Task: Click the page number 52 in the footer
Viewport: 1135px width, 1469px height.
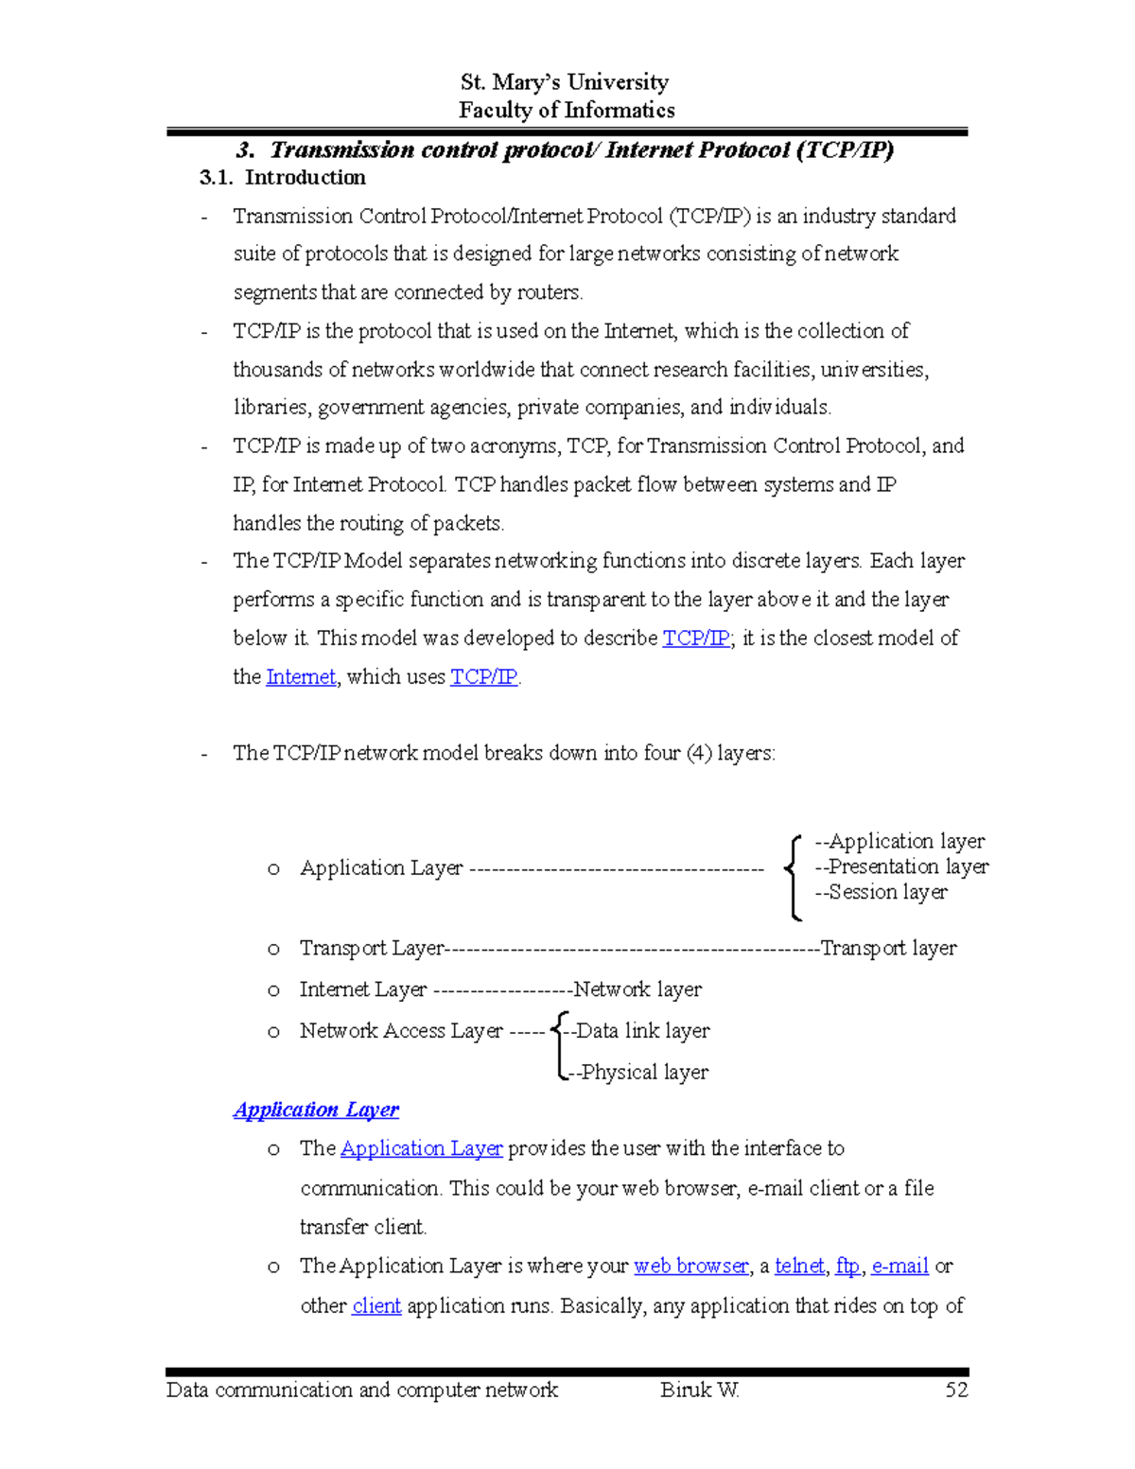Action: tap(956, 1390)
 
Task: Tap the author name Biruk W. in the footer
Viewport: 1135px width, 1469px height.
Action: tap(700, 1390)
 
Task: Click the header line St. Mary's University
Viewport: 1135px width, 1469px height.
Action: tap(565, 82)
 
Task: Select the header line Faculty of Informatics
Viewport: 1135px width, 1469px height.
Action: tap(567, 111)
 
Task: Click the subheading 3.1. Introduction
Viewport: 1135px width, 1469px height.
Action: tap(283, 178)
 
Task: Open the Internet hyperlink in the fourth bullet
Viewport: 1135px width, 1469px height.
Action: tap(301, 677)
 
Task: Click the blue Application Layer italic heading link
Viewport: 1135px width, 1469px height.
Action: tap(316, 1110)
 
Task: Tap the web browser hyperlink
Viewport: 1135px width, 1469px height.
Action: tap(691, 1266)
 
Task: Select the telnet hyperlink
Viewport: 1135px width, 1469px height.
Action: tap(799, 1266)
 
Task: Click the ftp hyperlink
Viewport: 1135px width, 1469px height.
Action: tap(847, 1266)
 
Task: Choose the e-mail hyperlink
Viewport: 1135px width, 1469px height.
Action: tap(899, 1266)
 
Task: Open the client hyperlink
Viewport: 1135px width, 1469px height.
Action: tap(376, 1305)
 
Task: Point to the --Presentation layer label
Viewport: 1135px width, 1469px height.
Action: tap(901, 866)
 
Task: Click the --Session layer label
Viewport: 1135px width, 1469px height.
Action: tap(881, 892)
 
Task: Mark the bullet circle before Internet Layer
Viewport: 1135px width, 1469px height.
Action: tap(273, 990)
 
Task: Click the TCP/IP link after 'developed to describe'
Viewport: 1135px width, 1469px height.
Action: tap(696, 638)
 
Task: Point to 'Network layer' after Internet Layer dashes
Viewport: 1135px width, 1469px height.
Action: tap(637, 989)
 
